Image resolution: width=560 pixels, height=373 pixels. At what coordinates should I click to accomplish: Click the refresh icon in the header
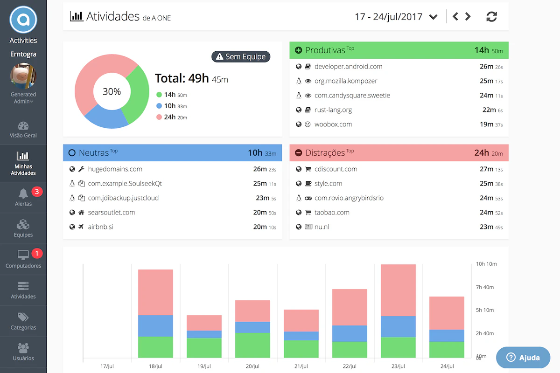tap(491, 17)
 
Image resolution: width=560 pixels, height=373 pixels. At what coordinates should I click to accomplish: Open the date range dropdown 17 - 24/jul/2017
tap(396, 17)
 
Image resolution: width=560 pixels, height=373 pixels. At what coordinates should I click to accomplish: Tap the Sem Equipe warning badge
tap(241, 56)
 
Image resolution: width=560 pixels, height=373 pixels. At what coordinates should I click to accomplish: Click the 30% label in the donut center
tap(112, 91)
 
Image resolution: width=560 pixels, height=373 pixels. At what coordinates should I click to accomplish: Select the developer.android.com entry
tap(348, 67)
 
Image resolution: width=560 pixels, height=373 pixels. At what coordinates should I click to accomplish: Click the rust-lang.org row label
tap(333, 110)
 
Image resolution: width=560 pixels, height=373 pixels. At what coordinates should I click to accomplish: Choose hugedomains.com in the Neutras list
tap(115, 169)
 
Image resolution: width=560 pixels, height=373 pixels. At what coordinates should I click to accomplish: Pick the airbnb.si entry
tap(100, 227)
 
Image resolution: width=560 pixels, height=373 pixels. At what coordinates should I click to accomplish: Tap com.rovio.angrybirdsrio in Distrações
tap(349, 198)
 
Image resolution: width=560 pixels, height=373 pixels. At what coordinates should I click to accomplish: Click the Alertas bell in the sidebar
tap(23, 194)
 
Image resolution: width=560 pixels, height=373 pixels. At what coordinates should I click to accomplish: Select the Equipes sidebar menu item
tap(23, 228)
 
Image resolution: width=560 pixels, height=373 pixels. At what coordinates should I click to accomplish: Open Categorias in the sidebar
tap(23, 321)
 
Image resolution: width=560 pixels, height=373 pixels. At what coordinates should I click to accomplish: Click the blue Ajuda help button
tap(523, 358)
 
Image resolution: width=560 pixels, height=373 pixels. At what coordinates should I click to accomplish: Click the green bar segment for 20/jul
tap(252, 345)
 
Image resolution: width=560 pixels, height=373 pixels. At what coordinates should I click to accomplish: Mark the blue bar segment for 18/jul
tap(155, 326)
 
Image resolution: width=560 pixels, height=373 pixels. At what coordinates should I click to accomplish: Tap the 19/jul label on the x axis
tap(204, 366)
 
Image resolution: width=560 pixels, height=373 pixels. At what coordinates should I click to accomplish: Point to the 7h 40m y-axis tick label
tap(485, 287)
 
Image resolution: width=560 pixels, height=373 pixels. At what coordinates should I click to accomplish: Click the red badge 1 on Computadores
tap(37, 254)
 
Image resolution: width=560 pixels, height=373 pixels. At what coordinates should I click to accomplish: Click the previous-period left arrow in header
tap(455, 17)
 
